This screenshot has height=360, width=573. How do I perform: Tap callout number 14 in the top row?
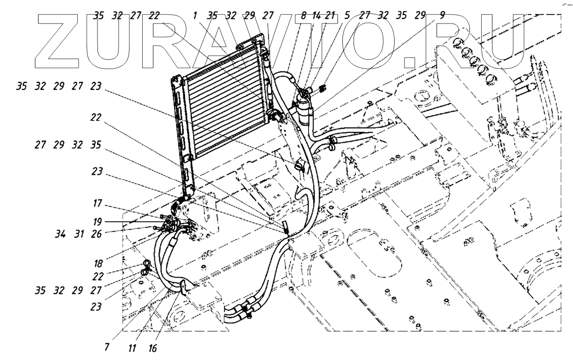pos(317,15)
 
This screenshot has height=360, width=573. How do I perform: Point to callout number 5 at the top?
pos(347,15)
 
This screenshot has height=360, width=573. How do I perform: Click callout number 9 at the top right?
pos(442,15)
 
